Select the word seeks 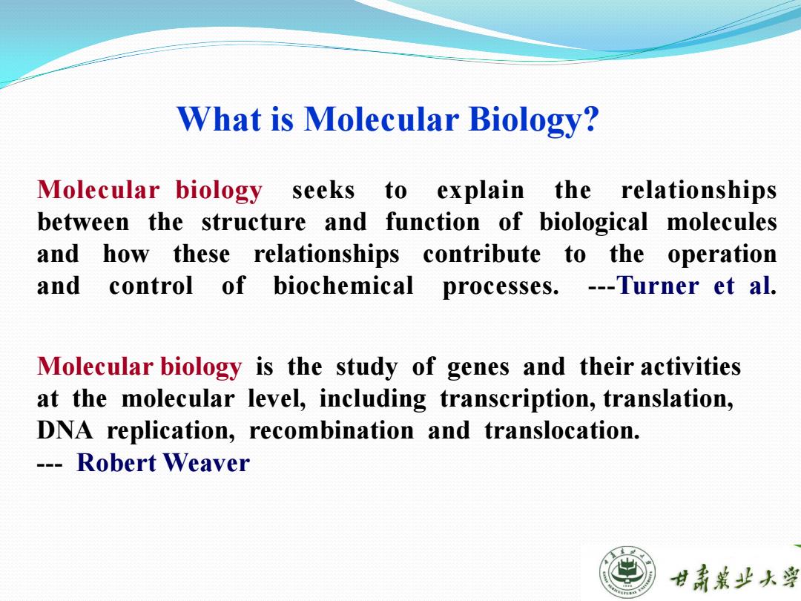323,191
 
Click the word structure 254,223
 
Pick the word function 432,223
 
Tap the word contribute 482,254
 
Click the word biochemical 343,286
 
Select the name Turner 657,286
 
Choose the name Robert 116,463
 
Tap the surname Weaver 206,463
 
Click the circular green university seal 627,572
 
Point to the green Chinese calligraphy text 734,577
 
